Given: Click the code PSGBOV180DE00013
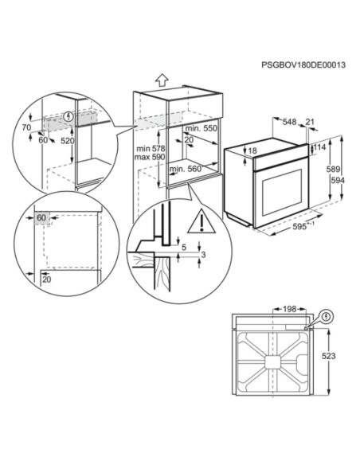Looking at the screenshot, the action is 303,64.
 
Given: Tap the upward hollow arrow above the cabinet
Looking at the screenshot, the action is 162,80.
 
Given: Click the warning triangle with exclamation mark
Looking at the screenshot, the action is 202,221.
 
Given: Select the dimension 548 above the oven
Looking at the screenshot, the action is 289,122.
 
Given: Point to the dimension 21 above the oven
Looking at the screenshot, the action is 310,122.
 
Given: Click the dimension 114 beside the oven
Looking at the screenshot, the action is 319,147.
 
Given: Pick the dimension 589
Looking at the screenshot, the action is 333,169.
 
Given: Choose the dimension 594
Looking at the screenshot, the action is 338,180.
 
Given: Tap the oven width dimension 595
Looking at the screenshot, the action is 299,226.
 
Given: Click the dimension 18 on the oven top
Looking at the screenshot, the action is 252,150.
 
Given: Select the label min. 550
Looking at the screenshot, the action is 202,128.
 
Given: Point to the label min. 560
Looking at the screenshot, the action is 185,169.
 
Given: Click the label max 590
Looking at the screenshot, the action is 150,157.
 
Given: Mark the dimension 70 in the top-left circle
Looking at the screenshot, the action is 26,127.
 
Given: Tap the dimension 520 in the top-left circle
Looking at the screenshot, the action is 68,141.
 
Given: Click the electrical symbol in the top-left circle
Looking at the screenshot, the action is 68,116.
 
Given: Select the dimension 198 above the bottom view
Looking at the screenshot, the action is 289,309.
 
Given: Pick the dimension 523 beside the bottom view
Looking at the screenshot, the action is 329,356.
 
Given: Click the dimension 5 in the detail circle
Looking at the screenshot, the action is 184,247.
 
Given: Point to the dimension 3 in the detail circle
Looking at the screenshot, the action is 203,255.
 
